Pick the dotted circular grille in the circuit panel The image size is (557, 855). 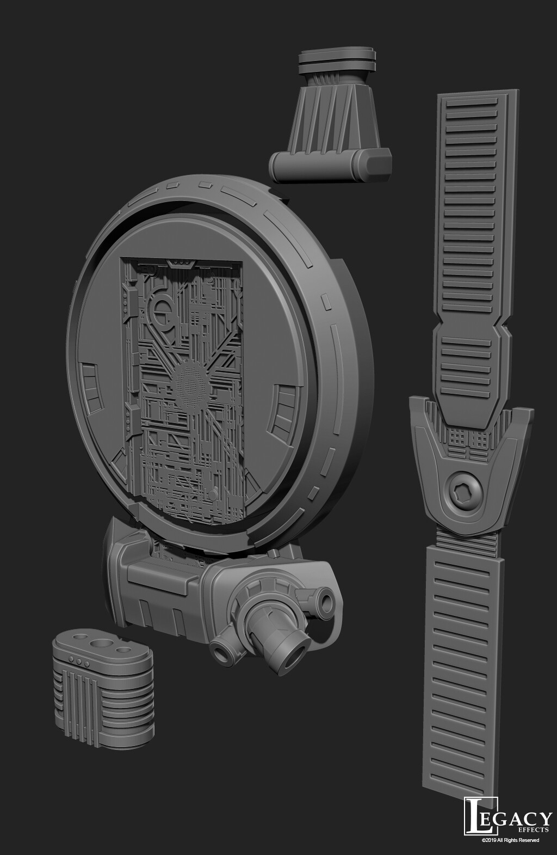(188, 384)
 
